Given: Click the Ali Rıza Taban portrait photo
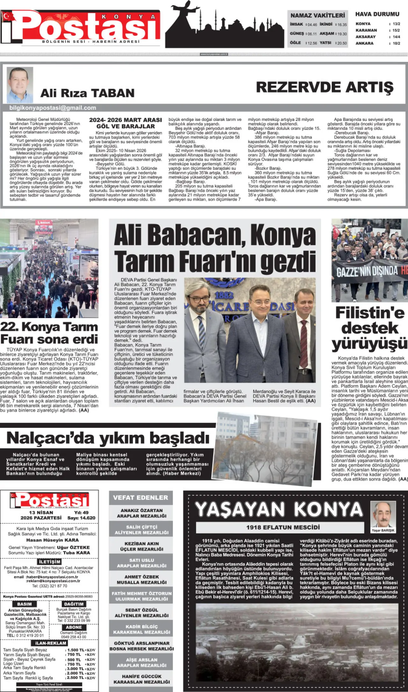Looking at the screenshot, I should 20,85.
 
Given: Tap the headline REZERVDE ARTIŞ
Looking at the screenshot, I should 325,87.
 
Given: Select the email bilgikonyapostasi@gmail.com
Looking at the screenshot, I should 53,108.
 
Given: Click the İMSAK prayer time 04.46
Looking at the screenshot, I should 311,25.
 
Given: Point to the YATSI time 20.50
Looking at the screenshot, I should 342,43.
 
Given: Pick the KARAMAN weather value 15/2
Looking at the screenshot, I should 396,30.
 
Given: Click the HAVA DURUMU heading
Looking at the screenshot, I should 377,14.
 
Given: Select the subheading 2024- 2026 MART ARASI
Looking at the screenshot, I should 126,120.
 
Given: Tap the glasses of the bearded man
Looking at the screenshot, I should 200,300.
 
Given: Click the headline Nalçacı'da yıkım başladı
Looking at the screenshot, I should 108,438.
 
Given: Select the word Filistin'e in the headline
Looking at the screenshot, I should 370,313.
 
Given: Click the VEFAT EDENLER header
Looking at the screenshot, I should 141,498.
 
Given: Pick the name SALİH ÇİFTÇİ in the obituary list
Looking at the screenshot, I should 142,527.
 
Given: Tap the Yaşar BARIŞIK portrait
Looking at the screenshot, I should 382,514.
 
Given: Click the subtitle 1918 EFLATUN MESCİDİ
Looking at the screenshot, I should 283,527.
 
